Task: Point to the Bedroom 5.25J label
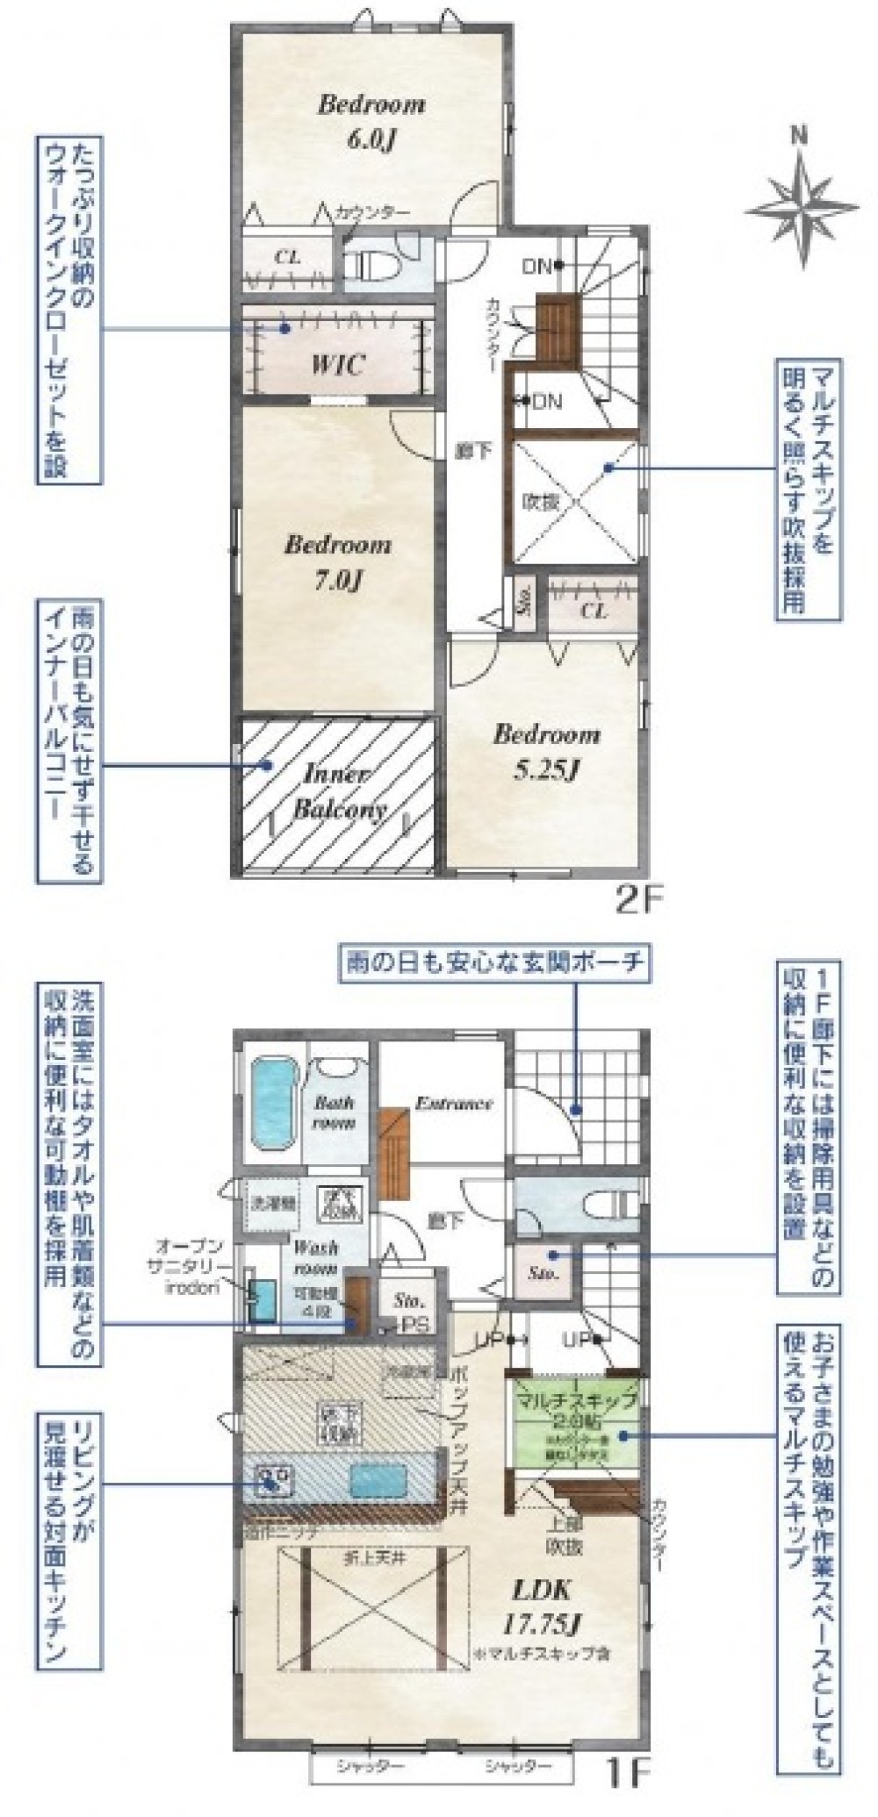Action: click(546, 750)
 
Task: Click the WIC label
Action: click(337, 364)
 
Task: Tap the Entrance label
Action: click(454, 1103)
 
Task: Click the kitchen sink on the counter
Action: click(270, 1480)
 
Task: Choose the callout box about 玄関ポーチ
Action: click(493, 963)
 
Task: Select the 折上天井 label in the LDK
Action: click(367, 1531)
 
